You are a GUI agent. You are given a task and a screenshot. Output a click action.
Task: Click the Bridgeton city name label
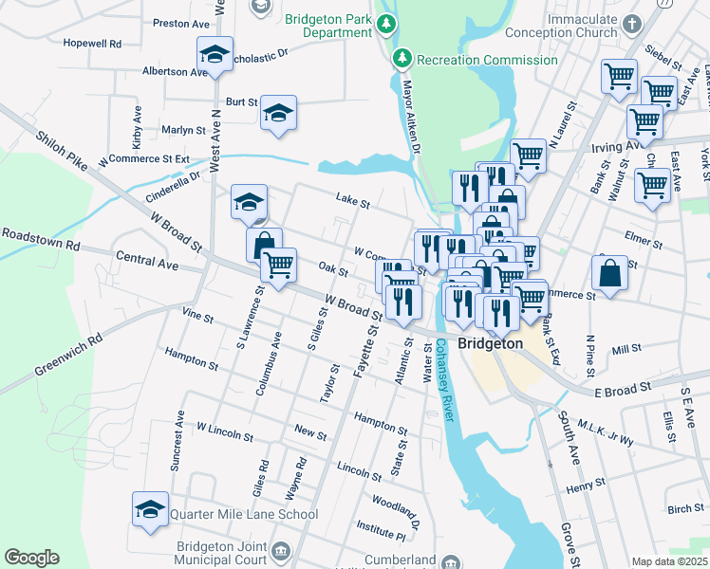tap(490, 343)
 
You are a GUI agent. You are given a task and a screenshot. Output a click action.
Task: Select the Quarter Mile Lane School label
tap(244, 515)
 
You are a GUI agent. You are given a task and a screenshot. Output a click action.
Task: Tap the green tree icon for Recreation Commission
tap(402, 60)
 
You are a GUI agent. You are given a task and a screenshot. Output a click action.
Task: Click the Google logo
tap(31, 558)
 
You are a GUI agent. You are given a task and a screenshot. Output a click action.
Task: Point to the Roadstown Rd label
tap(41, 237)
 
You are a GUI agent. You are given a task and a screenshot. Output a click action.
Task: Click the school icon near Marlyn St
tap(278, 114)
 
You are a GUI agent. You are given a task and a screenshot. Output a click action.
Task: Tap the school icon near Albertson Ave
tap(215, 56)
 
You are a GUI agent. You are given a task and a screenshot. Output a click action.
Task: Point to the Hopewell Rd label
tap(92, 44)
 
